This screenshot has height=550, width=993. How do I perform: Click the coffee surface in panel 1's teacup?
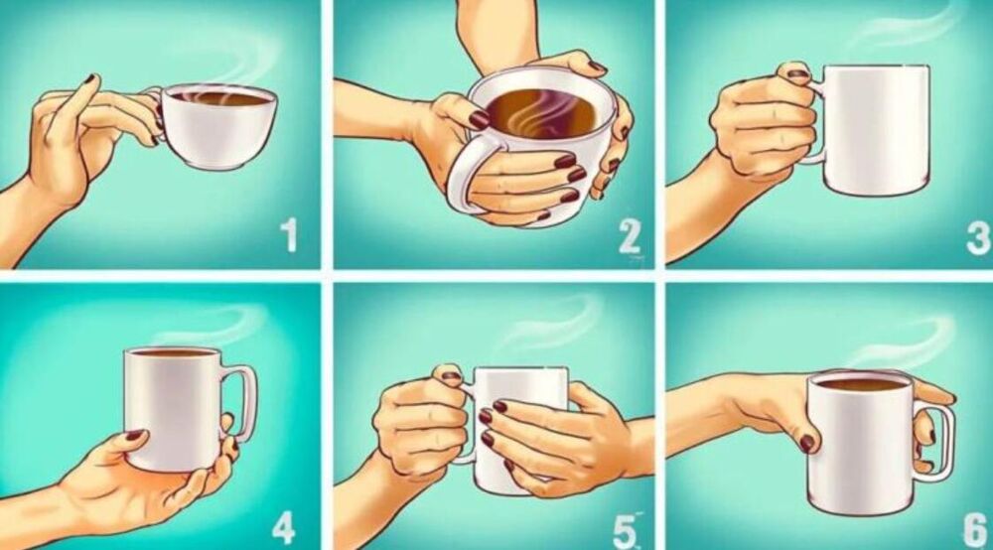point(220,98)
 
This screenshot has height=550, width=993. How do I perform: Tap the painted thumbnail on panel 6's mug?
point(807,443)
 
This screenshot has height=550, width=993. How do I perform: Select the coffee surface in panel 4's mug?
point(173,352)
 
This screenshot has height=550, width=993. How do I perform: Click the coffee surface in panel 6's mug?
point(860,382)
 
